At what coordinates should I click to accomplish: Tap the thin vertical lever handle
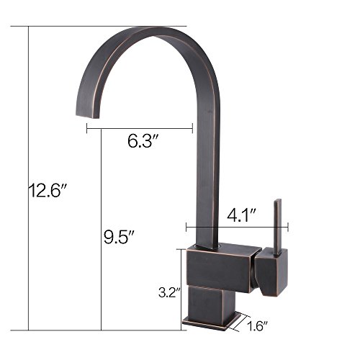pos(277,224)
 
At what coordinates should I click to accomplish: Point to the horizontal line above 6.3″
pos(139,129)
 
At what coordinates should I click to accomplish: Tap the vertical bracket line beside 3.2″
pos(179,287)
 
